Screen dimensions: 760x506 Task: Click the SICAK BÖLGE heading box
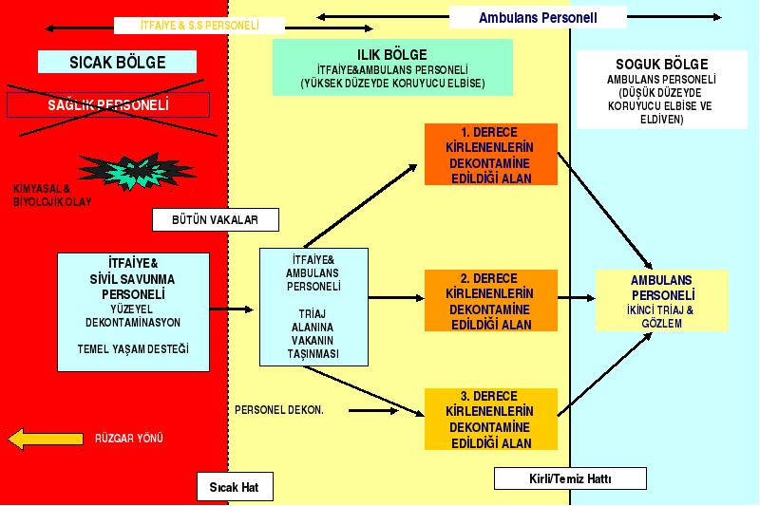click(x=117, y=62)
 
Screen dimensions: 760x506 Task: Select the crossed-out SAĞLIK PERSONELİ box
click(x=108, y=104)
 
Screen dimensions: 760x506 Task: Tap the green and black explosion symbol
click(x=137, y=171)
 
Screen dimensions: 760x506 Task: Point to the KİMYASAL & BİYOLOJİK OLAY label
click(x=52, y=196)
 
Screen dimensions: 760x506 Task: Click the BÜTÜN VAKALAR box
click(x=216, y=220)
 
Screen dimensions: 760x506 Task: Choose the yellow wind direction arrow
click(x=46, y=439)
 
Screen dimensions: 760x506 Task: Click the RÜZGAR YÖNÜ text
click(x=129, y=439)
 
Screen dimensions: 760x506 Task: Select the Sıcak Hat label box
click(x=235, y=487)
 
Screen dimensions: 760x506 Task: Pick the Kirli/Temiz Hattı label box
click(x=570, y=478)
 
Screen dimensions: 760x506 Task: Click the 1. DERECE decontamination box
click(x=491, y=155)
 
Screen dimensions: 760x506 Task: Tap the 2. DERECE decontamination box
click(x=491, y=301)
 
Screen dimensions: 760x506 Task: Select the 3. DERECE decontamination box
click(x=491, y=419)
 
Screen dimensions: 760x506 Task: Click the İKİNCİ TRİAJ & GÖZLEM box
click(x=662, y=301)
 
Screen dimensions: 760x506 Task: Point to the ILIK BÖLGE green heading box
click(x=392, y=67)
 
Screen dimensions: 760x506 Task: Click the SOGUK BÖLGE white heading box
click(x=661, y=90)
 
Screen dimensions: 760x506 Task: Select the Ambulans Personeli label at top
click(x=538, y=17)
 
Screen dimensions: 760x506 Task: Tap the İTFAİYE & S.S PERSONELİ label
click(x=199, y=26)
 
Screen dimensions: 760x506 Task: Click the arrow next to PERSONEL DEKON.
click(x=373, y=411)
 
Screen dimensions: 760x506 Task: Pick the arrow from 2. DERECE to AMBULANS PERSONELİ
click(x=577, y=298)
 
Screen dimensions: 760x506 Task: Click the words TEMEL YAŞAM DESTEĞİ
click(x=133, y=349)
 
